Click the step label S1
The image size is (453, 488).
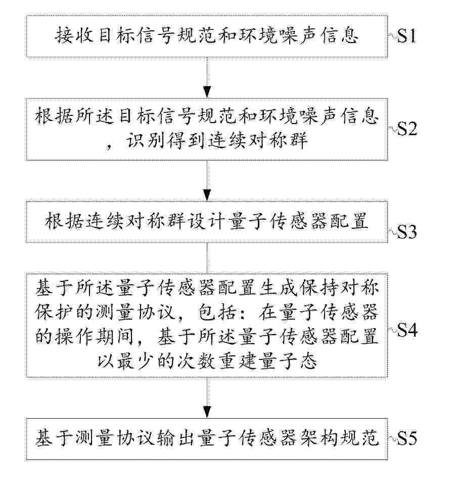click(406, 36)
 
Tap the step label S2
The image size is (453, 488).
click(407, 128)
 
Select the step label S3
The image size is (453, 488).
click(406, 231)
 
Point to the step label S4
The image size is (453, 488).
click(407, 330)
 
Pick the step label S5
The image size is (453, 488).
click(406, 438)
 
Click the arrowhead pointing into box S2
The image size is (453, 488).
click(207, 93)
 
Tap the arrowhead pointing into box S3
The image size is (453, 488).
click(207, 195)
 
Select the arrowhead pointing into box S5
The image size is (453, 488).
click(207, 412)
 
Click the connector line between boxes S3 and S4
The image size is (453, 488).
click(207, 258)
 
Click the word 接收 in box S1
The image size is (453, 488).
click(75, 35)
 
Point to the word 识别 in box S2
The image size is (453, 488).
click(146, 140)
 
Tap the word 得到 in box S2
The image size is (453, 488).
click(187, 140)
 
